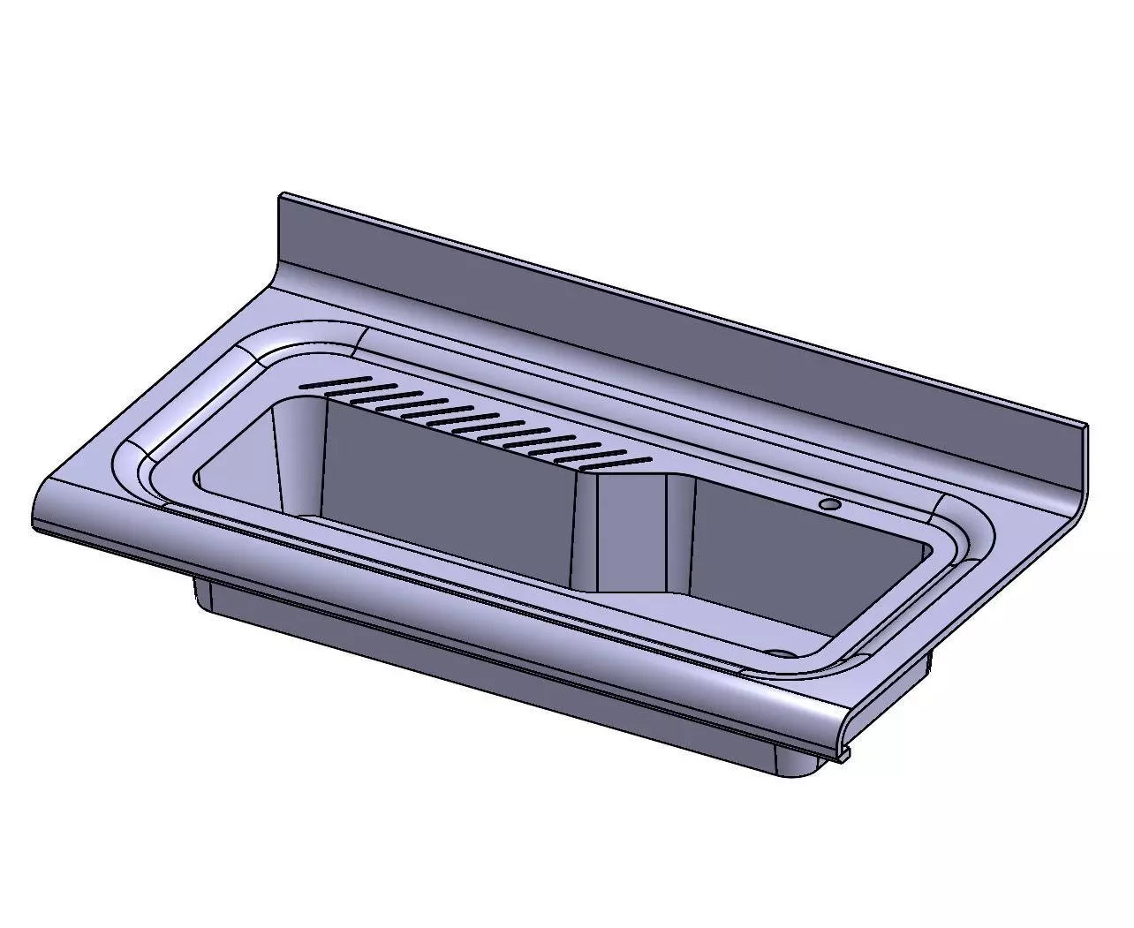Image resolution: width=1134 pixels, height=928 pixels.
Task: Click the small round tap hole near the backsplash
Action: click(x=829, y=504)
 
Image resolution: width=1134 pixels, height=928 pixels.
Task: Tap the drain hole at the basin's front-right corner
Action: click(x=778, y=653)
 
